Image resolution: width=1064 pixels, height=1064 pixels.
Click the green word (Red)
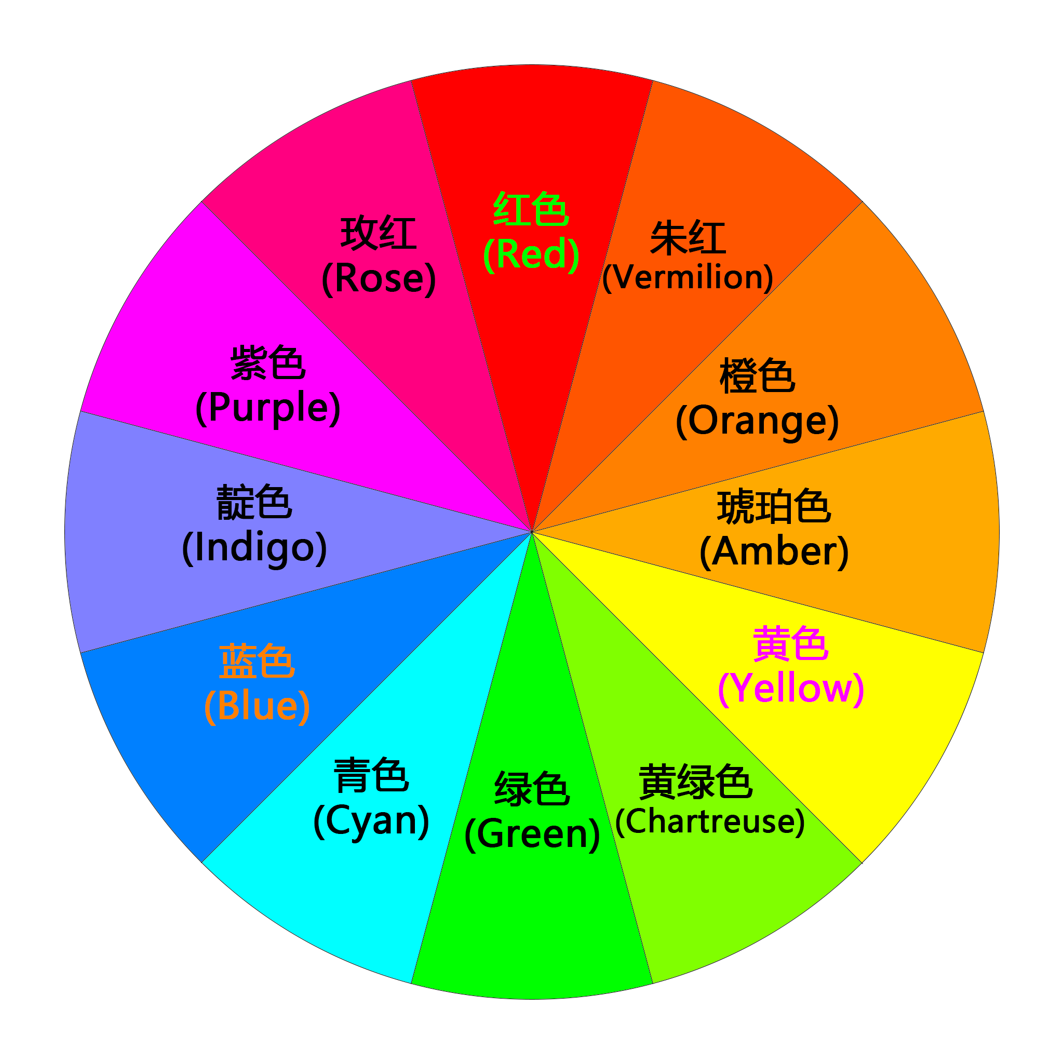(531, 254)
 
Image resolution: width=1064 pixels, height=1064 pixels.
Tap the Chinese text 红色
(531, 209)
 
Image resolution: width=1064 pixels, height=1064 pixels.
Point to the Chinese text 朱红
(688, 238)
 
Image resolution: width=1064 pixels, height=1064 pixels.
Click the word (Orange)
(757, 421)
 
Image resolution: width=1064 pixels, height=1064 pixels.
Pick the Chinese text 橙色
(757, 376)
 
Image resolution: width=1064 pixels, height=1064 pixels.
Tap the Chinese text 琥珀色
(774, 507)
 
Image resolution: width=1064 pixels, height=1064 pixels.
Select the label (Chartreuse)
(710, 821)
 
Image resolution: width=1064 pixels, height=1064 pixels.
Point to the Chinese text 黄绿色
(695, 782)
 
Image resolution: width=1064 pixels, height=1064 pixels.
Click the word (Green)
(532, 834)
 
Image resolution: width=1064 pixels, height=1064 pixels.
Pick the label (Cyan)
(371, 820)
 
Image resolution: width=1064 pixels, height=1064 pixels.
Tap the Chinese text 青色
(371, 775)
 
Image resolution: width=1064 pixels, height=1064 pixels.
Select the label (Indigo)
(254, 547)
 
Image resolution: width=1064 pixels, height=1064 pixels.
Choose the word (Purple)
(268, 408)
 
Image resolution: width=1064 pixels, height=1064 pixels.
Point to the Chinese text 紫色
(268, 363)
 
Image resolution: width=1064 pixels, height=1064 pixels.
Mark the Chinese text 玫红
(379, 234)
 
